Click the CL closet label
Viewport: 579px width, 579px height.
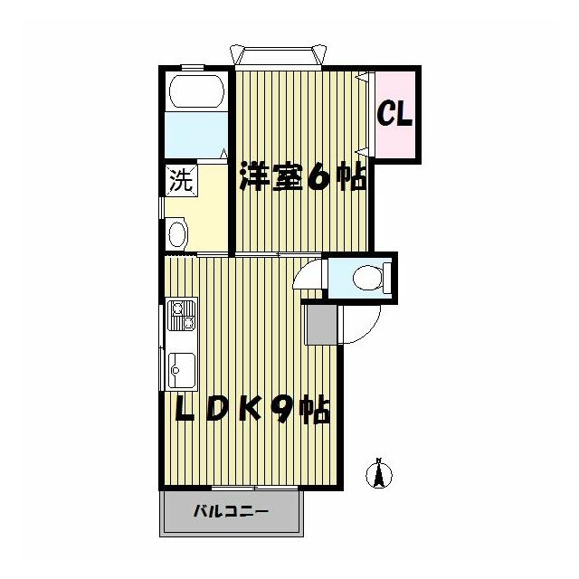coord(395,114)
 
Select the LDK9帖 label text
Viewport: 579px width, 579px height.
coord(251,412)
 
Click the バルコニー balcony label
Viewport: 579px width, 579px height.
coord(230,512)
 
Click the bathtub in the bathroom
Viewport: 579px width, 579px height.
coord(195,92)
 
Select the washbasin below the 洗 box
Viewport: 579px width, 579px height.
coord(176,233)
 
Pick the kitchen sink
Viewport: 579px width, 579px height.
coord(180,369)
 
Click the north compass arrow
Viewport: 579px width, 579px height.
coord(381,472)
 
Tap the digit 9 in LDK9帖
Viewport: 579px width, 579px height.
coord(281,412)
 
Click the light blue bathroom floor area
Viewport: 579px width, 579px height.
coord(195,136)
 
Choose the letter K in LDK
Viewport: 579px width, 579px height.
coord(251,412)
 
